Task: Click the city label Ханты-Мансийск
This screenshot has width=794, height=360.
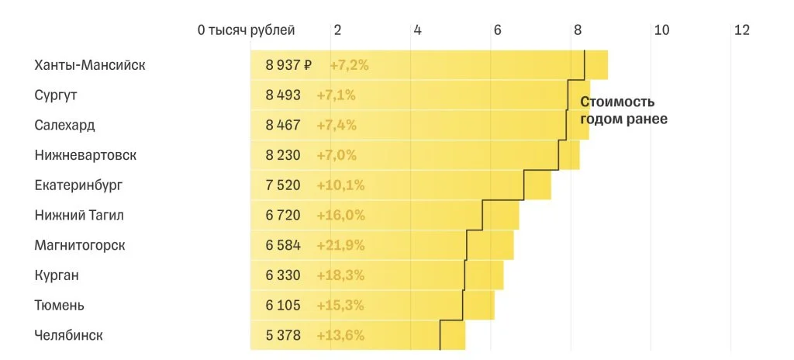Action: [x=89, y=65]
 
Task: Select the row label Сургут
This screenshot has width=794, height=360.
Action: [x=56, y=95]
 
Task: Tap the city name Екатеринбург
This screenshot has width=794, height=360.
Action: [x=78, y=185]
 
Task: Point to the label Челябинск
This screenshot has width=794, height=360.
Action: [x=68, y=335]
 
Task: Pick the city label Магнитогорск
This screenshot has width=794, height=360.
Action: [x=80, y=245]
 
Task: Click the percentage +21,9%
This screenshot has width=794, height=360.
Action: [x=340, y=245]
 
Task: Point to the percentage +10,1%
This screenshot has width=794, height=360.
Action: [x=340, y=185]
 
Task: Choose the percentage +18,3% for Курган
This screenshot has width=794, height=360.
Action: [x=340, y=275]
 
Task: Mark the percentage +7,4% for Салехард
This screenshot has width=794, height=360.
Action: [x=337, y=125]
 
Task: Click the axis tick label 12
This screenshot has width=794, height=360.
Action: [x=741, y=30]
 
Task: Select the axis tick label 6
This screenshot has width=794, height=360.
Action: [x=497, y=30]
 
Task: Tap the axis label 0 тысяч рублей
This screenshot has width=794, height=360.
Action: [x=246, y=30]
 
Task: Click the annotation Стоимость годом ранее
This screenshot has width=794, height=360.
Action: [x=623, y=110]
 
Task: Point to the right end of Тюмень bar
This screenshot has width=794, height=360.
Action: [x=493, y=305]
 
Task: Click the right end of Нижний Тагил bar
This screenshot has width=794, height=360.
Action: [x=518, y=215]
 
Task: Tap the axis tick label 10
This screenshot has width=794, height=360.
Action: [x=661, y=30]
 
